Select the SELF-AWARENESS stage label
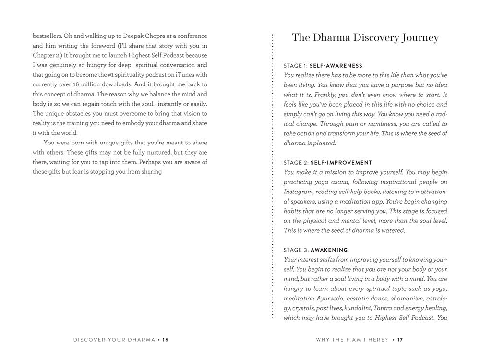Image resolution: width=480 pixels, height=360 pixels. [x=336, y=65]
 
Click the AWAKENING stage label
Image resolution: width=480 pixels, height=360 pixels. [x=329, y=250]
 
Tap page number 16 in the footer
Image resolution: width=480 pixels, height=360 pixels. [x=165, y=340]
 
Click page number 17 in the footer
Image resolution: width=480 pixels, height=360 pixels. [x=399, y=340]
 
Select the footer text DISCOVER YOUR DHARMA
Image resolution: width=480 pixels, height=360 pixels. [x=114, y=340]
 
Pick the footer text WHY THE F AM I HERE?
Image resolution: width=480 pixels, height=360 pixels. [x=351, y=340]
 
